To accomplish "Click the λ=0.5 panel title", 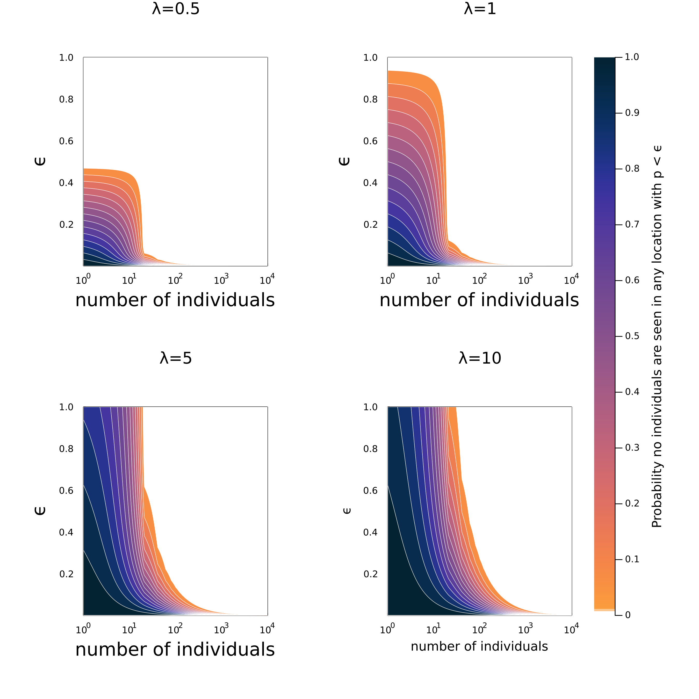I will (176, 9).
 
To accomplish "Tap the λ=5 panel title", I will (176, 358).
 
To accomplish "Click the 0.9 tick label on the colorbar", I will (632, 113).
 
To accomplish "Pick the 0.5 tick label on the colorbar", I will (632, 336).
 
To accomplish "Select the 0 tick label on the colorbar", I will (628, 615).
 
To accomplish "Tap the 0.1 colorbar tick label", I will (632, 559).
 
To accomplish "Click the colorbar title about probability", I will (657, 336).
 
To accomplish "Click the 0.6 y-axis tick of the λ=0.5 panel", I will (66, 141).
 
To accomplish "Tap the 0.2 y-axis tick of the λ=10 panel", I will (371, 574).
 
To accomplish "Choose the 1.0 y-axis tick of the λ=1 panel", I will (371, 57).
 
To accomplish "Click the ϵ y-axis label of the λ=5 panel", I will (40, 510).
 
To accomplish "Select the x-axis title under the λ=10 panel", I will (479, 646).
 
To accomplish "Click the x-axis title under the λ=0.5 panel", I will (175, 300).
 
